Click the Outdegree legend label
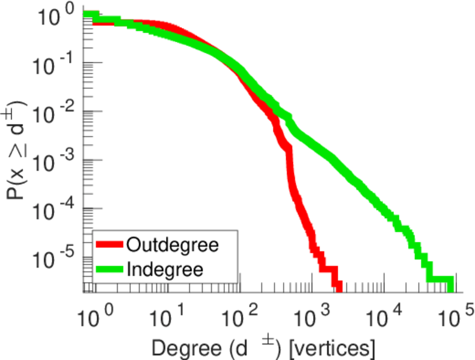[x=172, y=245]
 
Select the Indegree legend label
[x=165, y=268]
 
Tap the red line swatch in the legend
[x=109, y=245]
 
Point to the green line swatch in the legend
[x=109, y=268]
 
